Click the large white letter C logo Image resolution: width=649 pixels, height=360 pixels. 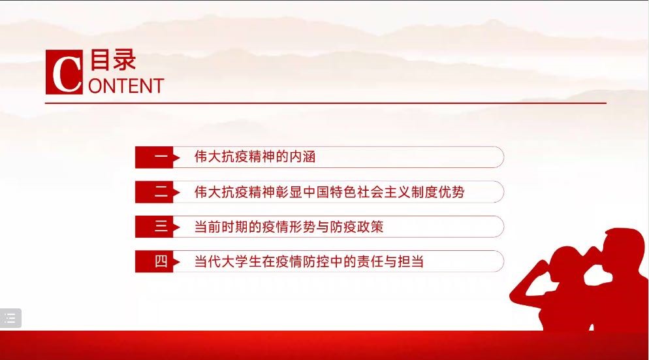pyautogui.click(x=64, y=72)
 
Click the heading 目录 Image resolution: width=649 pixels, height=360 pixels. pyautogui.click(x=113, y=60)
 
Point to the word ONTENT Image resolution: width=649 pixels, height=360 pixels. pyautogui.click(x=126, y=86)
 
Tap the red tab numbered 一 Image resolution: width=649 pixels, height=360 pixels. pyautogui.click(x=157, y=157)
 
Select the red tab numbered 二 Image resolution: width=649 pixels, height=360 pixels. pyautogui.click(x=157, y=192)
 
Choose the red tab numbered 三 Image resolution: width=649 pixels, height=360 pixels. pyautogui.click(x=157, y=227)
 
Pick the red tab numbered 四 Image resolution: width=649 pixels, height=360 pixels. pyautogui.click(x=157, y=261)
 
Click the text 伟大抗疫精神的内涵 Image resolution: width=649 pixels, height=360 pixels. pyautogui.click(x=255, y=157)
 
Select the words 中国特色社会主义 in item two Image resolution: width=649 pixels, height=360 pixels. pyautogui.click(x=356, y=192)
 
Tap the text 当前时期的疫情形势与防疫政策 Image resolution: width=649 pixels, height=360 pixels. pyautogui.click(x=289, y=227)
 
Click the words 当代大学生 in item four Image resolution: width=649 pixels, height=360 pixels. pyautogui.click(x=228, y=262)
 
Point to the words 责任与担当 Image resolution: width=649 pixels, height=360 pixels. pyautogui.click(x=390, y=262)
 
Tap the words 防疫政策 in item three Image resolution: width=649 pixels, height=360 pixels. pyautogui.click(x=357, y=227)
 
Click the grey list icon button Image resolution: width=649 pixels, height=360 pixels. pyautogui.click(x=10, y=318)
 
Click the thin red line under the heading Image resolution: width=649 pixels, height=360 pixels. pyautogui.click(x=326, y=103)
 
